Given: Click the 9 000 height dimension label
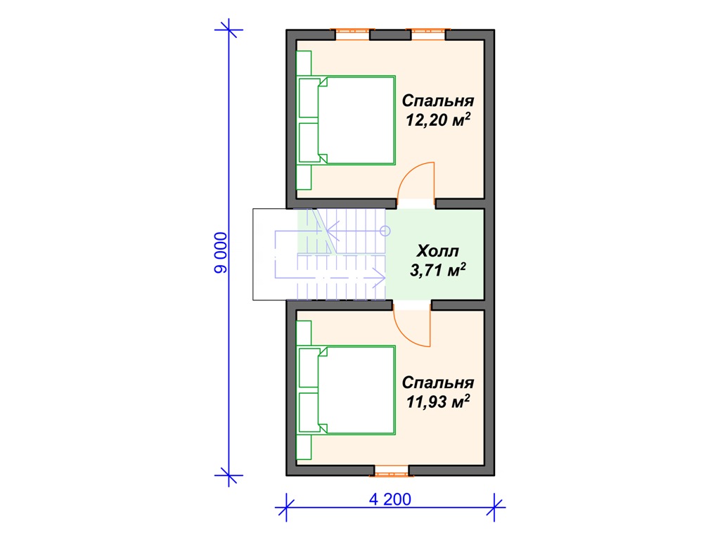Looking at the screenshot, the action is pos(221,253).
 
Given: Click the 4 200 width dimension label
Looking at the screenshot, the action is pos(390,499).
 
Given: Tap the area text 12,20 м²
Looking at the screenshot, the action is pos(438,120).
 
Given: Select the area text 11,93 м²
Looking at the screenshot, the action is pos(438,401).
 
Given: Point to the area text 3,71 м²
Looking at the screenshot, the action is pos(438,269).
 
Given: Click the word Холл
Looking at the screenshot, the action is pos(437,251).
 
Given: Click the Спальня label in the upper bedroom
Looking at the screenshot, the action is pos(438,101).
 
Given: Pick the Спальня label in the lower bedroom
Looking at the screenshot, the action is pos(438,382).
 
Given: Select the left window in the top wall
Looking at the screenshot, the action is pos(352,34).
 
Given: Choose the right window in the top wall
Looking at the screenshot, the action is pos(428,34).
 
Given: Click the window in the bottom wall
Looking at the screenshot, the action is pos(391,470).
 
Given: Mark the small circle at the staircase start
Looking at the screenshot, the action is pos(385,231).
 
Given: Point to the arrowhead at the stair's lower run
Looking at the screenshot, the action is pos(379,278).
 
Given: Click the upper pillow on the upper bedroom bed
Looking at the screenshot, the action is pos(309,98).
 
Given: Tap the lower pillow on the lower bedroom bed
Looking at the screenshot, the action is pos(309,412).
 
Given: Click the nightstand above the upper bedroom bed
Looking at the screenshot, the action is pos(304,63).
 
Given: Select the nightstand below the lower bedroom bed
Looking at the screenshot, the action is pos(304,447).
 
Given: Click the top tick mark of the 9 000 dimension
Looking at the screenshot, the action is pos(229,30).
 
